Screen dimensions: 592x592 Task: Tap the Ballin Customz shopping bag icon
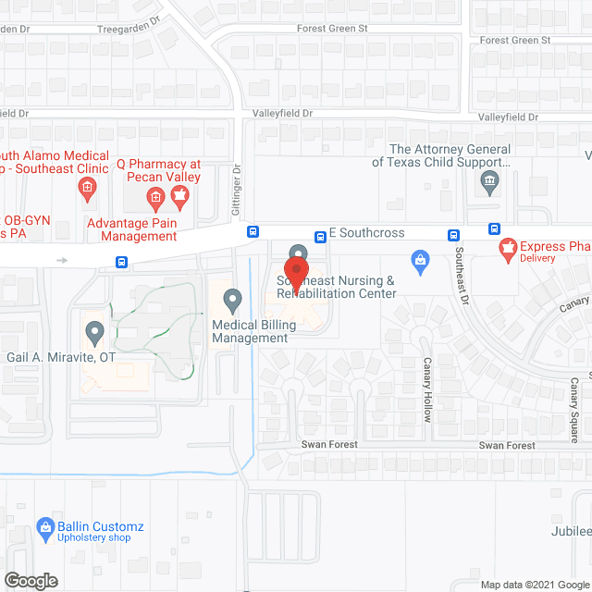(44, 527)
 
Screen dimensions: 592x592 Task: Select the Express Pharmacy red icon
(507, 247)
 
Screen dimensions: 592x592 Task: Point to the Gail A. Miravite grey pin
(93, 330)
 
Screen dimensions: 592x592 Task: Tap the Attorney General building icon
(490, 181)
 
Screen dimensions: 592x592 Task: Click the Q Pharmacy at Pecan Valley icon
(156, 195)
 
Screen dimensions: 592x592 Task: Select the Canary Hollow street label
(427, 389)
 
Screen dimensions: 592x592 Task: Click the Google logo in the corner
(30, 580)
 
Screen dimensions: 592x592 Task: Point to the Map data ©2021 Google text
(535, 585)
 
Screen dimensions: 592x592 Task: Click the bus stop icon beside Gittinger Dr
(253, 232)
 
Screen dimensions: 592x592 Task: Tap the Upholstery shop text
(94, 537)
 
